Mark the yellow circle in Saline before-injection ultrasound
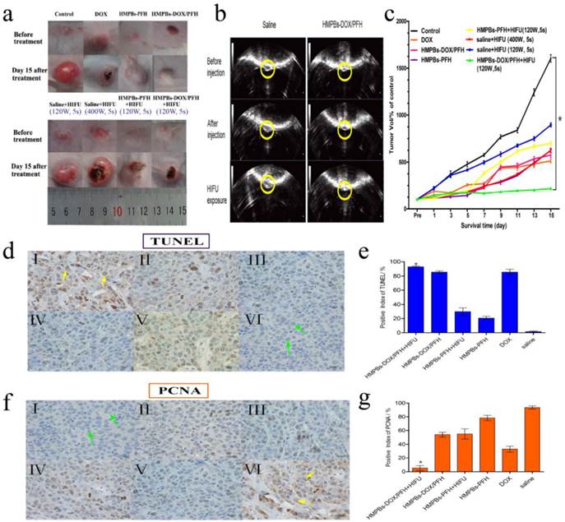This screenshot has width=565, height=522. pyautogui.click(x=266, y=68)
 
